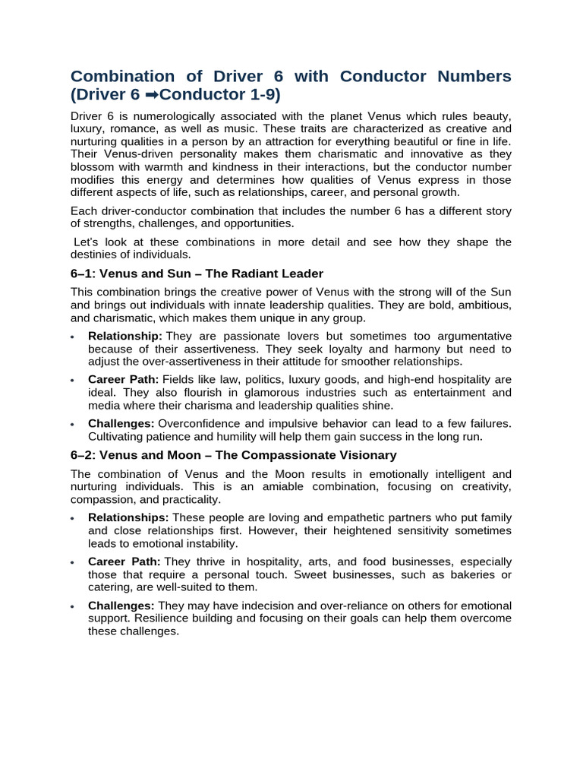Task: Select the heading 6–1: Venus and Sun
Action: [x=197, y=274]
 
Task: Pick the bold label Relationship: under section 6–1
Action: [x=125, y=336]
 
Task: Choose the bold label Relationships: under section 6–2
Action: [x=128, y=517]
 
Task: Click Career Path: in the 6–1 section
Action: [x=123, y=379]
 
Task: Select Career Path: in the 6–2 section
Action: [x=123, y=561]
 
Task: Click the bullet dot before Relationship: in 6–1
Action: [x=71, y=337]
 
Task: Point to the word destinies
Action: [x=93, y=255]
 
